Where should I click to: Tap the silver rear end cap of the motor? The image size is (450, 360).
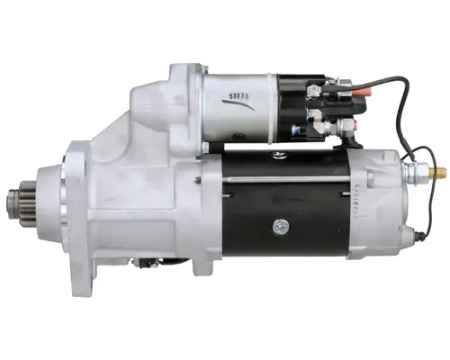[x=378, y=207]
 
